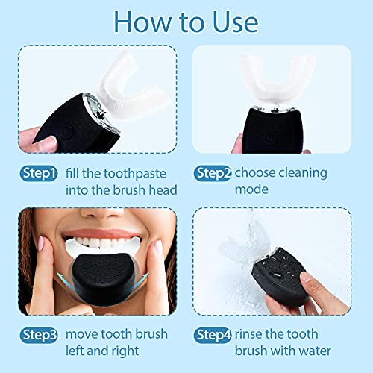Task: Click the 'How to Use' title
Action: coord(186,22)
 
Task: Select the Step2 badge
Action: coord(213,173)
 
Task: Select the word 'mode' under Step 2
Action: coord(253,190)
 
